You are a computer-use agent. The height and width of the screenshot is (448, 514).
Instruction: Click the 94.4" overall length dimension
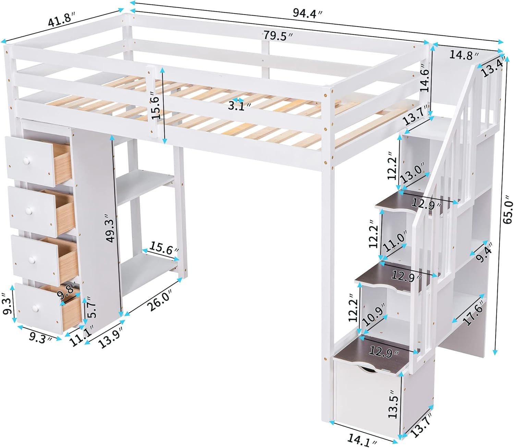click(307, 13)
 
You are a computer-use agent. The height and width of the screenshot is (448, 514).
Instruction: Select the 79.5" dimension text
click(278, 36)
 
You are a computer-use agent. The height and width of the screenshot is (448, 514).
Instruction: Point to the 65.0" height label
click(508, 211)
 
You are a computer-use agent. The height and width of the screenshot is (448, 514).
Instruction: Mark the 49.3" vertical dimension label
click(111, 228)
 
